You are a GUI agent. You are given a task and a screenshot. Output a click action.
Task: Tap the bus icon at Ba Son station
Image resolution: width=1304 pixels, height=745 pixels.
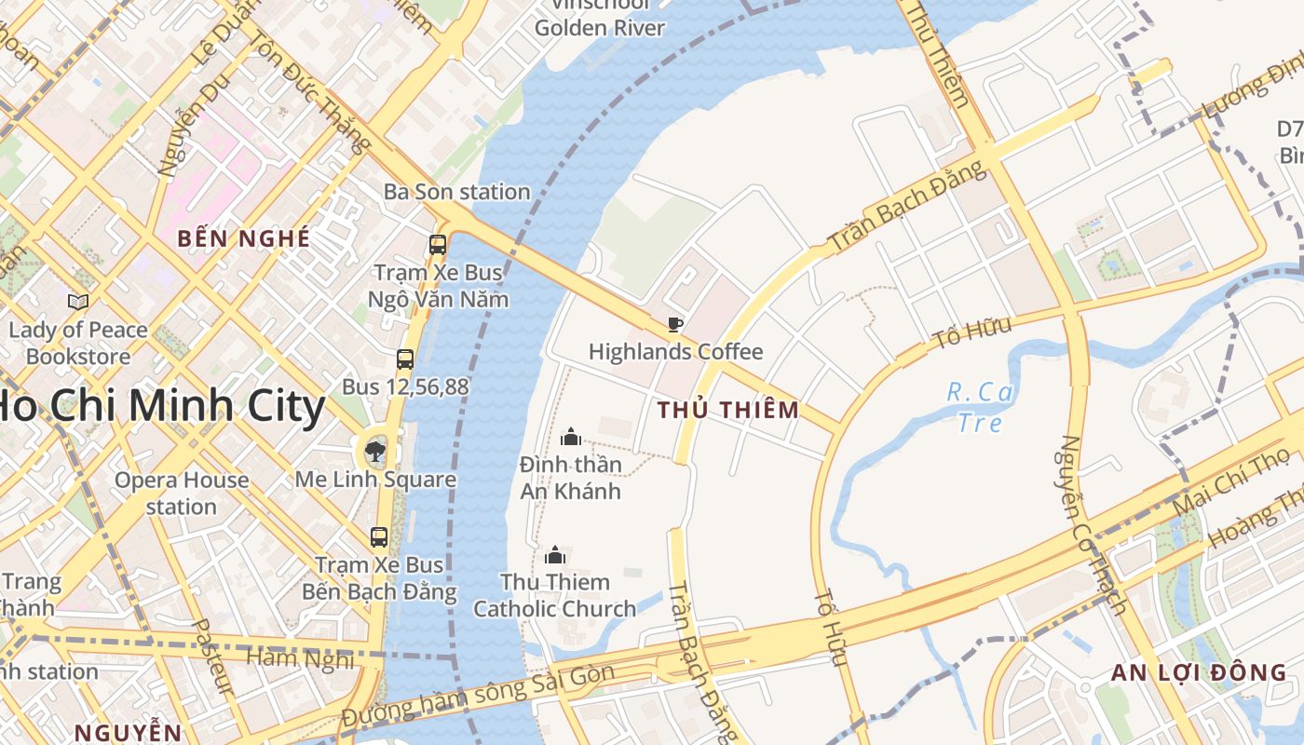pyautogui.click(x=438, y=245)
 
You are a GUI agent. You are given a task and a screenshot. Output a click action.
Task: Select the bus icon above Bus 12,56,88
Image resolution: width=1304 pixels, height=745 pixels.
pyautogui.click(x=405, y=359)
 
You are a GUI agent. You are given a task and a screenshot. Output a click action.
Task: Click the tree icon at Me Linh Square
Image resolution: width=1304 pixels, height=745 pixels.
pyautogui.click(x=375, y=453)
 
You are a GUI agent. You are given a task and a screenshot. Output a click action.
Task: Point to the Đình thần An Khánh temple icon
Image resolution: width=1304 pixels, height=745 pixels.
pyautogui.click(x=571, y=436)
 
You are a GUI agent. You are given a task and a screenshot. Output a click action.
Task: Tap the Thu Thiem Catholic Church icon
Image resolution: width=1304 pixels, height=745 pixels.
pyautogui.click(x=555, y=556)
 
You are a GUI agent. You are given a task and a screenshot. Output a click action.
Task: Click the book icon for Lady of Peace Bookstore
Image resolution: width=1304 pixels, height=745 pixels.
pyautogui.click(x=78, y=302)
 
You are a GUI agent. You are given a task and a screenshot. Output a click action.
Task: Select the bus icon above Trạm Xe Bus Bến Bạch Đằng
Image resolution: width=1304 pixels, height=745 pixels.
pyautogui.click(x=379, y=537)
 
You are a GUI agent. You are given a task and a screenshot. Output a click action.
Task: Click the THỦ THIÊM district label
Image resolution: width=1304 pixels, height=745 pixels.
pyautogui.click(x=728, y=410)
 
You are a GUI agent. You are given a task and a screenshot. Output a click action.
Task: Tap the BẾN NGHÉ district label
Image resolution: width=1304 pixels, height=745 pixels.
pyautogui.click(x=244, y=238)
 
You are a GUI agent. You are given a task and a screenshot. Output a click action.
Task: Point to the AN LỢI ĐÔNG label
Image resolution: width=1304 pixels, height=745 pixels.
pyautogui.click(x=1200, y=672)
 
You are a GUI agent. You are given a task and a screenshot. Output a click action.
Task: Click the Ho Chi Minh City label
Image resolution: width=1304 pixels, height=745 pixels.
pyautogui.click(x=158, y=407)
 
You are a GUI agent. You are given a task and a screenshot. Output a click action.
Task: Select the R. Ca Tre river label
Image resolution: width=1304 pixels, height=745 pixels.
pyautogui.click(x=980, y=407)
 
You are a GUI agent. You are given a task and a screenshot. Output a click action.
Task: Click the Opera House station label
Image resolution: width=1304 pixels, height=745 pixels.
pyautogui.click(x=182, y=494)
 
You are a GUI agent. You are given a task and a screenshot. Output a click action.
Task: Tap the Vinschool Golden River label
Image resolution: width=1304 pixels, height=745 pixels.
pyautogui.click(x=600, y=19)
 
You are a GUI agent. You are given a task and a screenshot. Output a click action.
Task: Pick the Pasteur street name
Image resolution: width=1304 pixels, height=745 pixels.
pyautogui.click(x=213, y=657)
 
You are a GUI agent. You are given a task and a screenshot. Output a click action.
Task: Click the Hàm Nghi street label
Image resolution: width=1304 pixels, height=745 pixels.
pyautogui.click(x=300, y=658)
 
